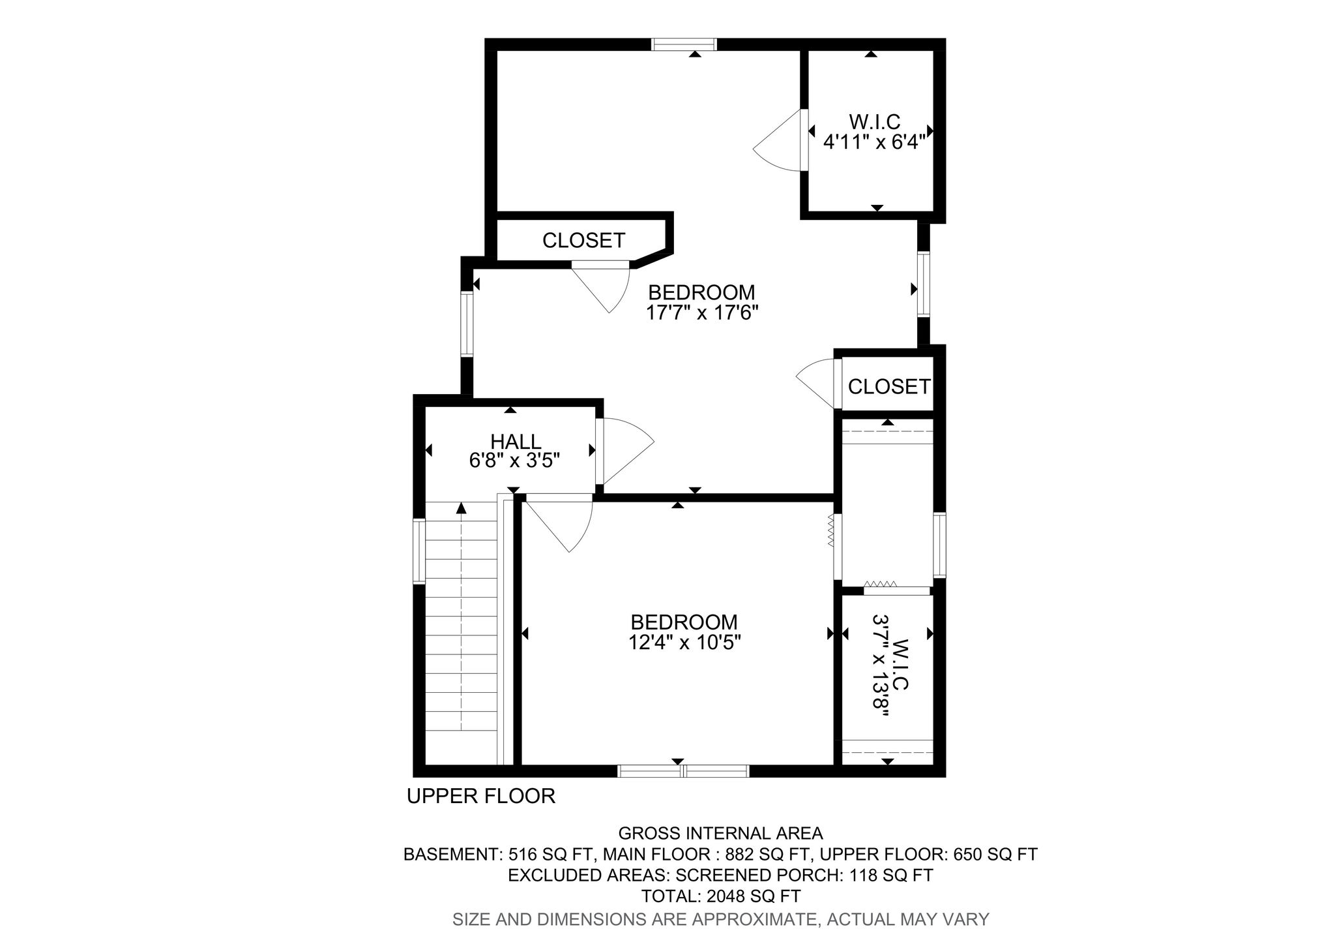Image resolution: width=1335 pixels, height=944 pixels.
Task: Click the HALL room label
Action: click(516, 442)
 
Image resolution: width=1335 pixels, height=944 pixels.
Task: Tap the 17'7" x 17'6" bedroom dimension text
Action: click(702, 313)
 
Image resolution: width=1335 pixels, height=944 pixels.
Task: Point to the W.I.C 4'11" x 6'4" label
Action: click(875, 132)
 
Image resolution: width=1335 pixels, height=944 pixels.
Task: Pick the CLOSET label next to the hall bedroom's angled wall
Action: click(583, 241)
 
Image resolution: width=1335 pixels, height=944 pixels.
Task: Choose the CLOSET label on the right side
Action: click(889, 387)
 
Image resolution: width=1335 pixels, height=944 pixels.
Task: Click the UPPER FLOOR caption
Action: click(481, 796)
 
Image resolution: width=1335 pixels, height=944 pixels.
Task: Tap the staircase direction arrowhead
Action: click(462, 508)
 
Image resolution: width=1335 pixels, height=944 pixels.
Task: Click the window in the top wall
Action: click(684, 44)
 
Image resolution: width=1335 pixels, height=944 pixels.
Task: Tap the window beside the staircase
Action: click(419, 550)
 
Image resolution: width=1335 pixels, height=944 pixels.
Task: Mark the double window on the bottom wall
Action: click(684, 771)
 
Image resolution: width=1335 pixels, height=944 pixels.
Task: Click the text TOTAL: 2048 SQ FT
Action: click(721, 896)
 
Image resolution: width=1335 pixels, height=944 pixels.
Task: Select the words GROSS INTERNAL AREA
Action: click(720, 834)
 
